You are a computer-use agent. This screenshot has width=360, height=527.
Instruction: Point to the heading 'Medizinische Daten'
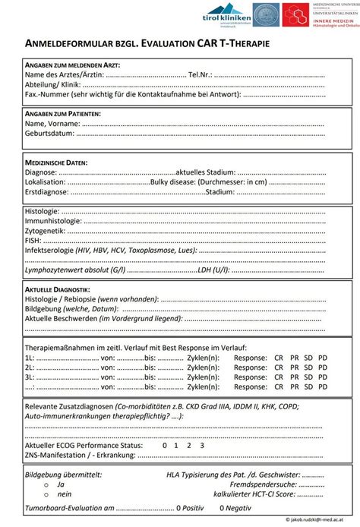[x=56, y=162]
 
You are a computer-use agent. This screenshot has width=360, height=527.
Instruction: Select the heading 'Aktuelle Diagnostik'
[x=58, y=291]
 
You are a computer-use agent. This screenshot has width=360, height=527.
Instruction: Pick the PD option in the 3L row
[x=323, y=376]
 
